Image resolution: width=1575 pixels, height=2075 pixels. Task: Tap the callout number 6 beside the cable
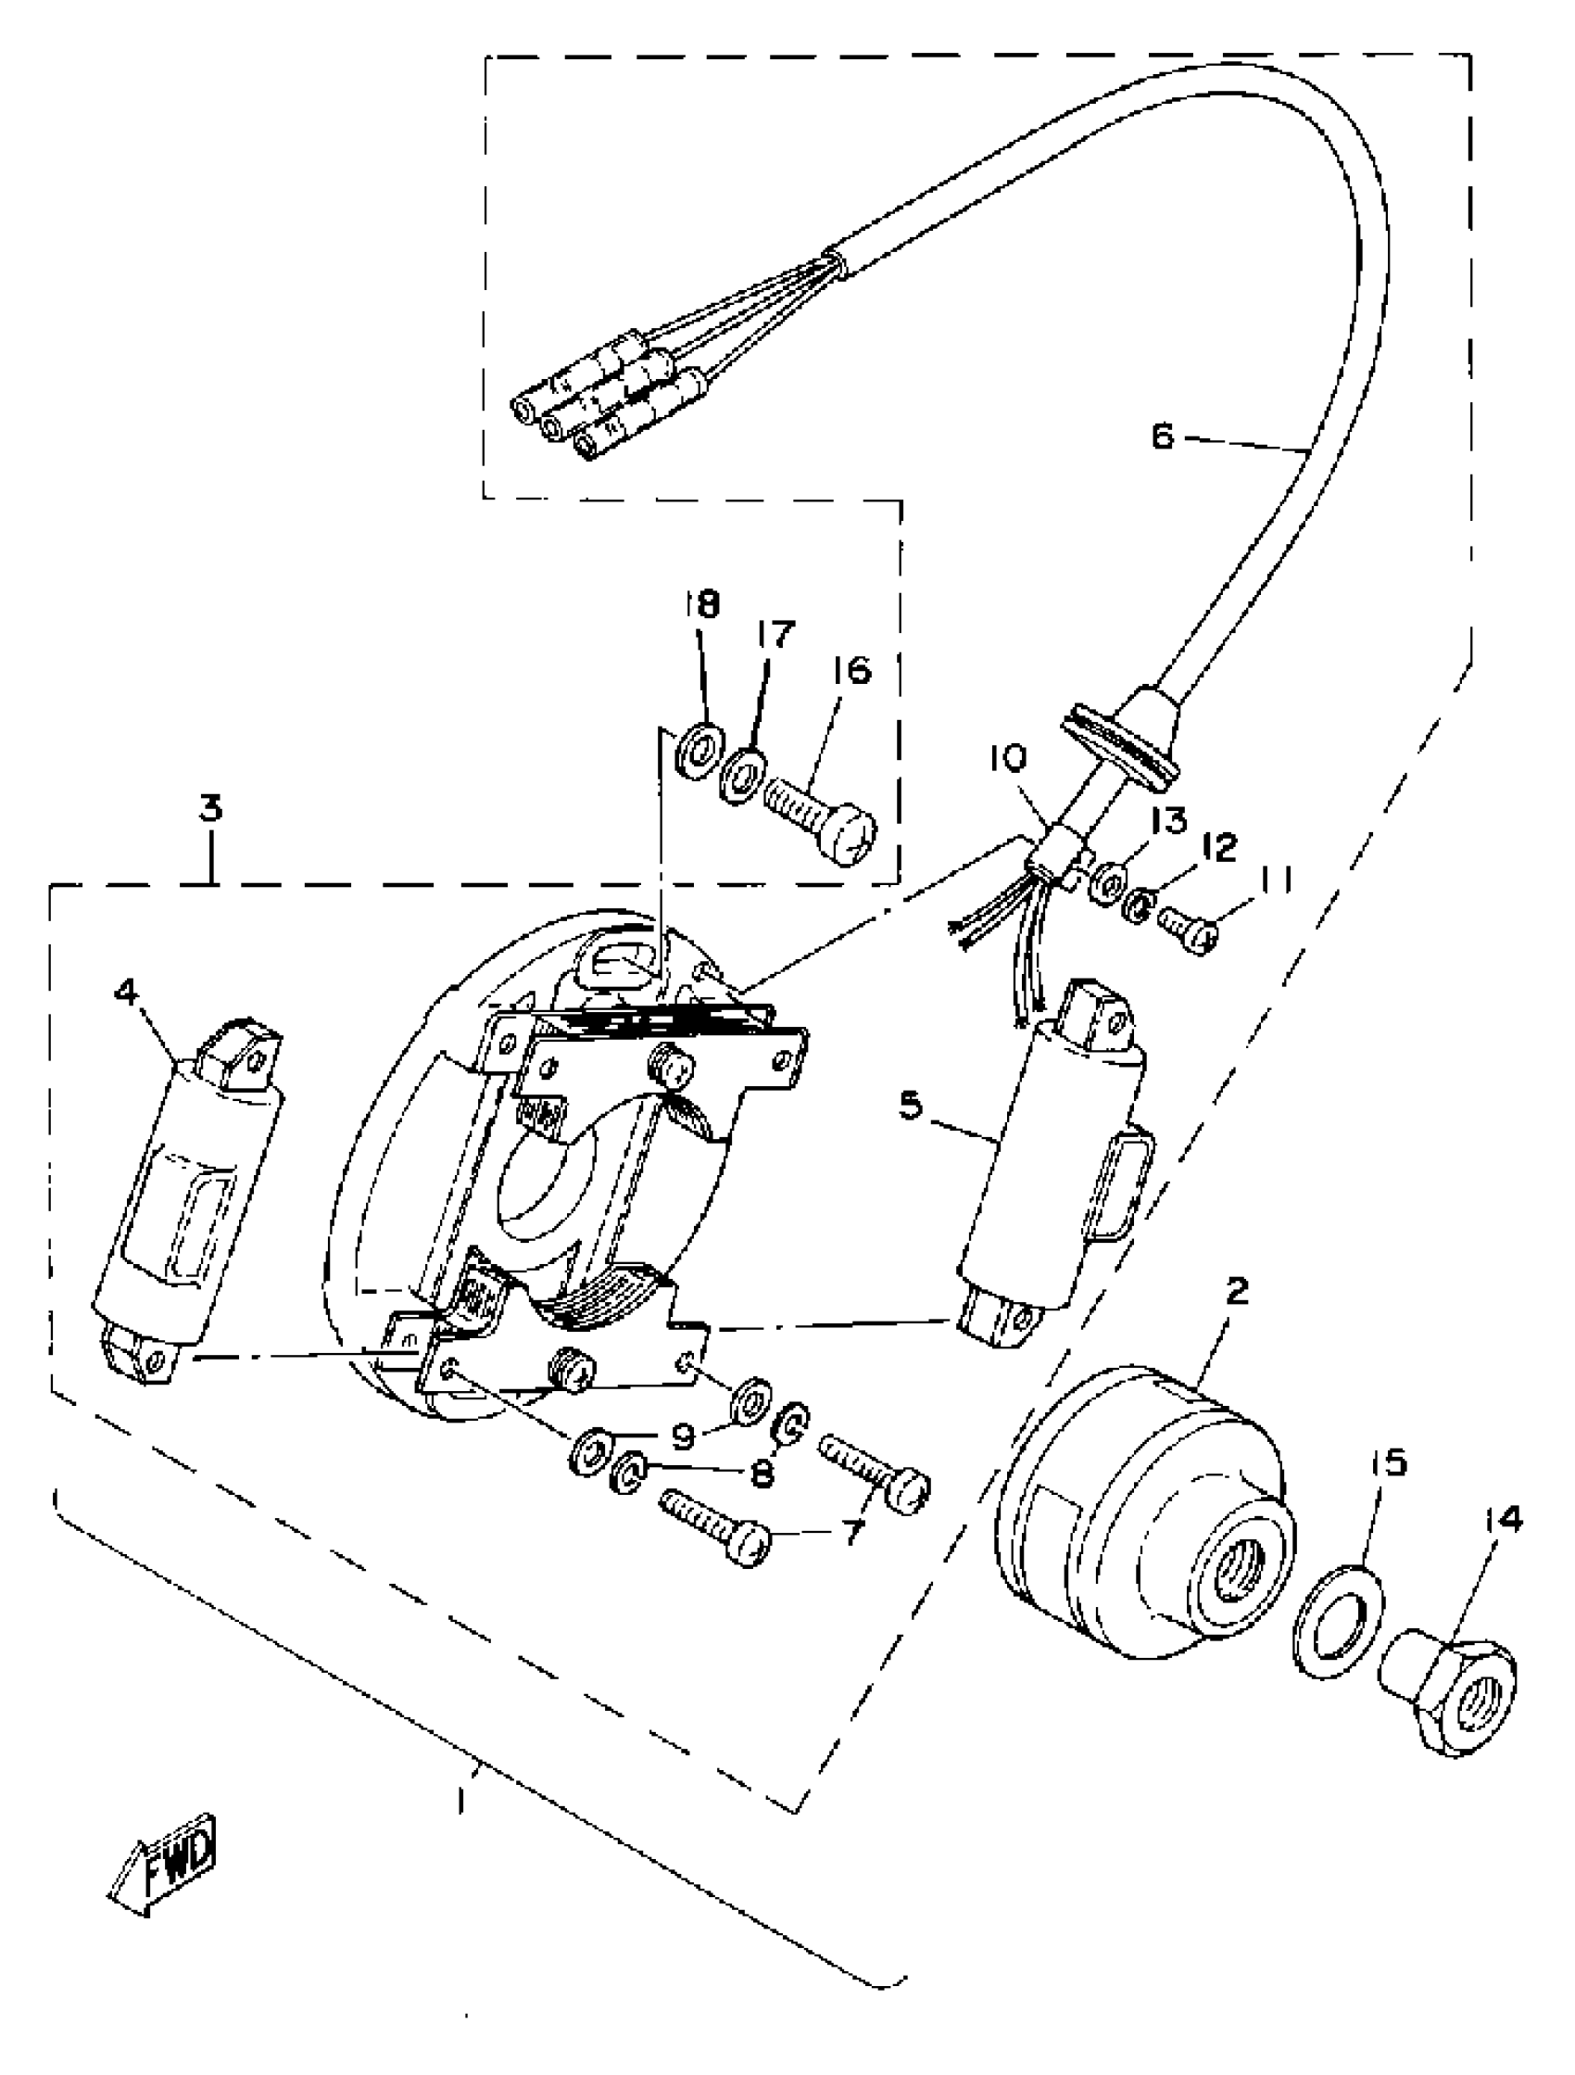[x=1161, y=437]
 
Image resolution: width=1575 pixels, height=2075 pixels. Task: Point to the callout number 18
[x=700, y=604]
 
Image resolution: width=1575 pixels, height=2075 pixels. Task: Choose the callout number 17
[x=775, y=634]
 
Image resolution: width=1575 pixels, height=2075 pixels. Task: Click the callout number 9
[x=682, y=1436]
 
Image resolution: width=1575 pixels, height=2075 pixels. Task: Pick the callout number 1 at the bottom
[x=461, y=1800]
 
